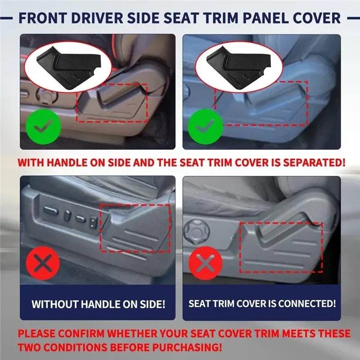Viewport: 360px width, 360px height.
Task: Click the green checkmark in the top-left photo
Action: coord(43,127)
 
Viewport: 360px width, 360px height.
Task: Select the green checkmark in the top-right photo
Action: coord(205,127)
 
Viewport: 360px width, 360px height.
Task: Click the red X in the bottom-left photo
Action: coord(43,263)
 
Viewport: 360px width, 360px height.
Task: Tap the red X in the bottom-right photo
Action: coord(206,263)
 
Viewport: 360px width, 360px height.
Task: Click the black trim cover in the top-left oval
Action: coord(68,67)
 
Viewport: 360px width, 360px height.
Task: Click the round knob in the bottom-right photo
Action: coord(197,232)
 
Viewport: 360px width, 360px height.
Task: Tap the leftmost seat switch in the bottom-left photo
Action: coord(51,210)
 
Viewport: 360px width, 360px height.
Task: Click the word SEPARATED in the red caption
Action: coord(314,162)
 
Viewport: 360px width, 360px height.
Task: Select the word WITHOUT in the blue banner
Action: coord(55,304)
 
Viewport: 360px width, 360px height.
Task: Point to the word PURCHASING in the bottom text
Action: coord(188,347)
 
